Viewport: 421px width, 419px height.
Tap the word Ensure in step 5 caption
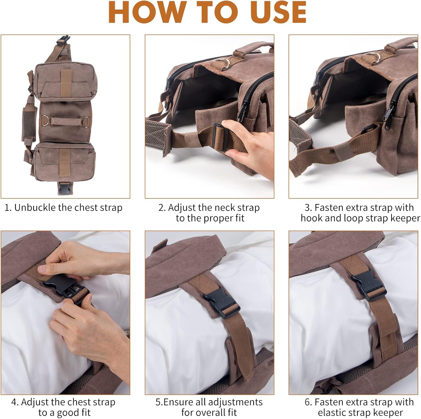coord(178,402)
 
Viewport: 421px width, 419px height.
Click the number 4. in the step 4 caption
coord(15,402)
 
